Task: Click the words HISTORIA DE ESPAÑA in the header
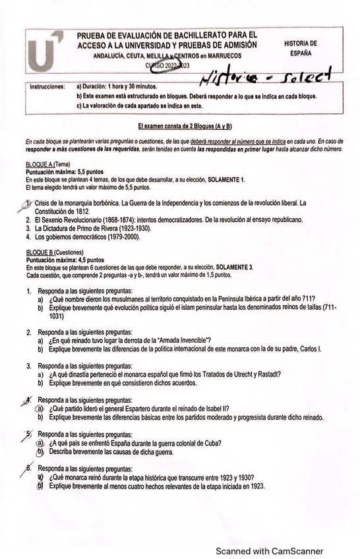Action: (x=305, y=47)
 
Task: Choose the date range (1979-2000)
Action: (x=118, y=237)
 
